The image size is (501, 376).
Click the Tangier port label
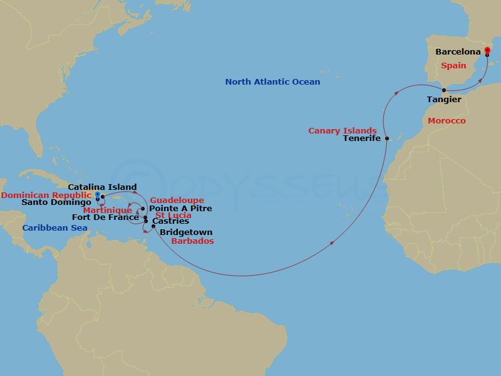tap(443, 100)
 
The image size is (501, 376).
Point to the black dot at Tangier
tap(444, 90)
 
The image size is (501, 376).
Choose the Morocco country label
tap(447, 120)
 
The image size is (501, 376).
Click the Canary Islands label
tap(342, 130)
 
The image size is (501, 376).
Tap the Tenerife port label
tap(362, 138)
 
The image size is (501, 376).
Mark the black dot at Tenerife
tap(387, 138)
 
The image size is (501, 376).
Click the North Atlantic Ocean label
tap(272, 82)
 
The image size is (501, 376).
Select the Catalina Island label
tap(102, 187)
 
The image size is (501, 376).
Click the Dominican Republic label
tap(46, 195)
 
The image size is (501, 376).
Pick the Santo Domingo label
tap(56, 202)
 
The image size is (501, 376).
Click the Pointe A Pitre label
tap(180, 208)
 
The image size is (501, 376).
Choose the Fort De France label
tap(105, 217)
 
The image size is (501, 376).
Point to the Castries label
tap(170, 221)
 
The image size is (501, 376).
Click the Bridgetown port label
tap(186, 232)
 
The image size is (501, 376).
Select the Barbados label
tap(193, 241)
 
